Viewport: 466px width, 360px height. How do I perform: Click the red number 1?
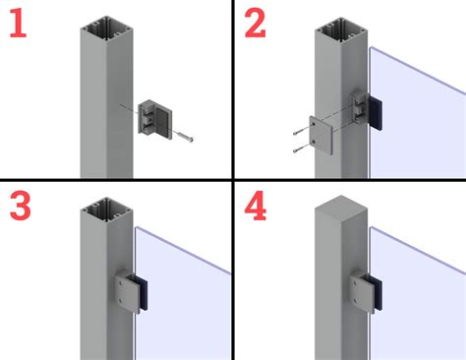tap(19, 23)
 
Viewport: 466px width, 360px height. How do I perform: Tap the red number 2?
tap(255, 23)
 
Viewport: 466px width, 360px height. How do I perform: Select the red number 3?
tap(21, 206)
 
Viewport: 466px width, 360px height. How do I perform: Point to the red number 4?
tap(256, 206)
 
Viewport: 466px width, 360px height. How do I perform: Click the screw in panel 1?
tap(183, 136)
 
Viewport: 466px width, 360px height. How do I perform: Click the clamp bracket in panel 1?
tap(155, 119)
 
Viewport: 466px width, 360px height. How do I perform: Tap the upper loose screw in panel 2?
tap(301, 130)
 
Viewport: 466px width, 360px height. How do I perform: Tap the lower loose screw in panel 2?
tap(301, 149)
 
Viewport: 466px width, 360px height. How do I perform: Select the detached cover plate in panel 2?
tap(321, 135)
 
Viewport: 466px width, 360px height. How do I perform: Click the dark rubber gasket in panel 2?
tap(375, 112)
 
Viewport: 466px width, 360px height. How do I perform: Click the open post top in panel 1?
tap(106, 30)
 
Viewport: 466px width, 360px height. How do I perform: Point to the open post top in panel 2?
tap(341, 30)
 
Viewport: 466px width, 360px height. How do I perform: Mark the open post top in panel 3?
tap(106, 210)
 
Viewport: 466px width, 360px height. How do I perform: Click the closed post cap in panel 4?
tap(341, 210)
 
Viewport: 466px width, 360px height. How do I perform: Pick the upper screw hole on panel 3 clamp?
tap(122, 282)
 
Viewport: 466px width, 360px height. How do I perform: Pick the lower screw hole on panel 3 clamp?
tap(121, 300)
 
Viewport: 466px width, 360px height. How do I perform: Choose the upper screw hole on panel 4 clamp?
tap(355, 283)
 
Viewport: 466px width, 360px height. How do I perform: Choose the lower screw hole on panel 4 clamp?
tap(355, 300)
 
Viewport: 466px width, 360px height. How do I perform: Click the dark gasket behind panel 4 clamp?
tap(377, 293)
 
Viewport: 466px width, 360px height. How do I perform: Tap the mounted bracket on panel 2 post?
tap(360, 108)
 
